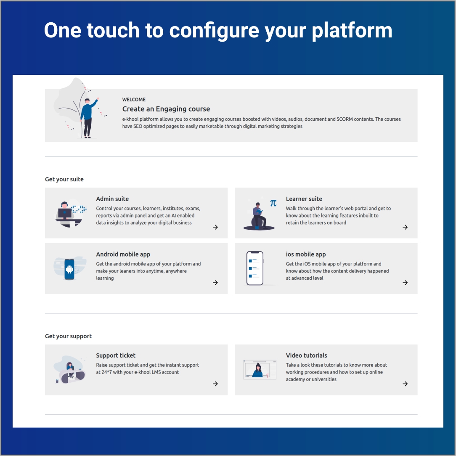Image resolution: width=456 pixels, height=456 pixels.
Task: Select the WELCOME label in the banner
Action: [134, 100]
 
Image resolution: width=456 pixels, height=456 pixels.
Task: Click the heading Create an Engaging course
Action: [166, 109]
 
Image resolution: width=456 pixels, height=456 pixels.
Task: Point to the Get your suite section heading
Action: [64, 179]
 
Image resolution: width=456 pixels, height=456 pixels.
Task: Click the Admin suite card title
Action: [112, 199]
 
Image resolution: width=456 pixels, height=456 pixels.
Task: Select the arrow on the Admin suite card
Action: [215, 227]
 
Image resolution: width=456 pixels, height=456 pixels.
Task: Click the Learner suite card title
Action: [304, 199]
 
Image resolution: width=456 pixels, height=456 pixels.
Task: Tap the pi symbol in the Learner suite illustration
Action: [273, 203]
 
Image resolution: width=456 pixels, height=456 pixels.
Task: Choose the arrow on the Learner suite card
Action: [405, 227]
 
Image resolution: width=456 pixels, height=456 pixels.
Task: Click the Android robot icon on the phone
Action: [69, 269]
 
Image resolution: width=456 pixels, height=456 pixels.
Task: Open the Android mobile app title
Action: [123, 255]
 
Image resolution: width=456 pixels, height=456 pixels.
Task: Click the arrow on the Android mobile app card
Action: [215, 283]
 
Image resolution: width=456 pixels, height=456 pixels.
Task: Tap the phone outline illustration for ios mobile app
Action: [255, 268]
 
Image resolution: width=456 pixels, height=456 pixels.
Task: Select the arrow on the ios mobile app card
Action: [405, 283]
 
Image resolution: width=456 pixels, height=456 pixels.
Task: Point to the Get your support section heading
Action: [68, 336]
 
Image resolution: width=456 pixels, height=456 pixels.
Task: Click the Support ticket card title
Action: [116, 355]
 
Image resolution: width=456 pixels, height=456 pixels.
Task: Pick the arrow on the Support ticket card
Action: [215, 384]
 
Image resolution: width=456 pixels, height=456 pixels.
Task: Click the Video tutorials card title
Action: [306, 355]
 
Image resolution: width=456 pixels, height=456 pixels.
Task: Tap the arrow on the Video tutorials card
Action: [405, 384]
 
